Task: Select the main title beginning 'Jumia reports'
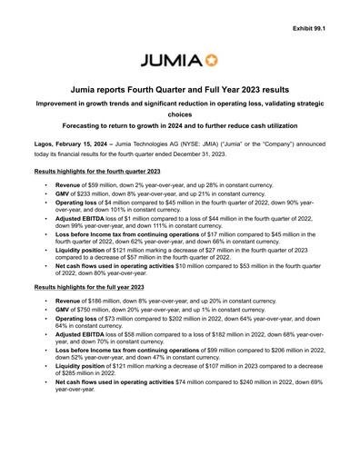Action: pyautogui.click(x=179, y=93)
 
